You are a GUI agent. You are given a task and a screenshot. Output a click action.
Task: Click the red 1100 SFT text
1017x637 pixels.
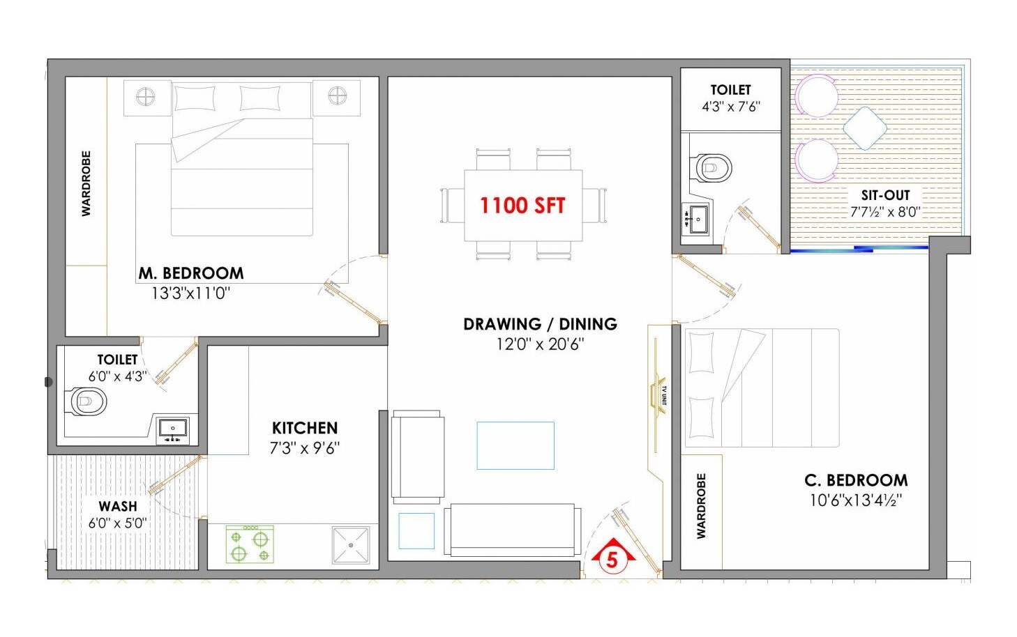(522, 205)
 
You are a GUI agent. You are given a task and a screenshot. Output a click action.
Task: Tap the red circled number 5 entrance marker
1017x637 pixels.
(612, 559)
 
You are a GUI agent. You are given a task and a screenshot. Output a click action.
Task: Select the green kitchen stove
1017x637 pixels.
(250, 544)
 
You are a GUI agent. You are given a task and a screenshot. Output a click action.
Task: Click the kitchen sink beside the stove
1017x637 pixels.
(351, 544)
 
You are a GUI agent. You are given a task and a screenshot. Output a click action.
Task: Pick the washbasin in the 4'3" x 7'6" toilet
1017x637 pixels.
(695, 220)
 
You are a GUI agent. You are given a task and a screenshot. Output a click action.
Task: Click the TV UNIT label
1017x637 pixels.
(663, 396)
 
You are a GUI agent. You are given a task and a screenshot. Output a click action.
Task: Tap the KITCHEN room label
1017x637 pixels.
(305, 428)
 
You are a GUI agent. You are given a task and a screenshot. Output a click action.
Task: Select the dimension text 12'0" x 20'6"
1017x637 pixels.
(540, 344)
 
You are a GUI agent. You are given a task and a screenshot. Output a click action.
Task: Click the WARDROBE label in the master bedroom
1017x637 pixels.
(86, 183)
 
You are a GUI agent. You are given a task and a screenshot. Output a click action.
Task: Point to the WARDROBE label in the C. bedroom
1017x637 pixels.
(701, 506)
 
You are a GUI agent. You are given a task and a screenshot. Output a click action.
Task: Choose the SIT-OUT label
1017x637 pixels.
(885, 195)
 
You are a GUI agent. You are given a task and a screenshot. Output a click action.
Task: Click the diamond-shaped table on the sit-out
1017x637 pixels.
(865, 128)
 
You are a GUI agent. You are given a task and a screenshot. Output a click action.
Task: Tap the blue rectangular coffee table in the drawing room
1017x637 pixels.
(515, 445)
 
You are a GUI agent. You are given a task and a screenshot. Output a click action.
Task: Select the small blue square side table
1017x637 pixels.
(416, 531)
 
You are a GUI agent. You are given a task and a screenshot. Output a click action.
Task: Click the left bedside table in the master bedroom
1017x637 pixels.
(146, 98)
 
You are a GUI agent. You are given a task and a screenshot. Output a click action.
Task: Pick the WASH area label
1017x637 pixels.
(118, 506)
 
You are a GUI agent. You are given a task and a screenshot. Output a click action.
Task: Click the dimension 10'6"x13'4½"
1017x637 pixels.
(855, 500)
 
